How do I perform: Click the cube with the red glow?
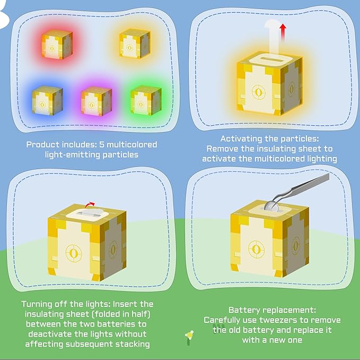(57, 45)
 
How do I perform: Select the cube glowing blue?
(47, 100)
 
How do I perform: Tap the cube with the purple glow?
(96, 101)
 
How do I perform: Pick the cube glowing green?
(146, 100)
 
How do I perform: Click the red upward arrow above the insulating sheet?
(283, 32)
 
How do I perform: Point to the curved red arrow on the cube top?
(90, 205)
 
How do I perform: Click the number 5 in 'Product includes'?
(102, 145)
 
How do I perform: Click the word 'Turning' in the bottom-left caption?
(37, 304)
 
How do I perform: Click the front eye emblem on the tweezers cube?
(257, 249)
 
